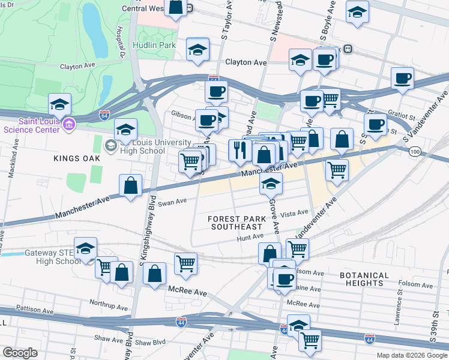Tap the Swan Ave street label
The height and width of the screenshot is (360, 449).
[x=173, y=202]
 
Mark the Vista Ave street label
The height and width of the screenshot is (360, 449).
[x=295, y=212]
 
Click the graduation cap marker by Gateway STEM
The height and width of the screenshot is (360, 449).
[x=86, y=250]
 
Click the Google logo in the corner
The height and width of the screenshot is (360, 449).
[x=20, y=353]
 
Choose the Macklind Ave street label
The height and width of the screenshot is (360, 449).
[x=11, y=170]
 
